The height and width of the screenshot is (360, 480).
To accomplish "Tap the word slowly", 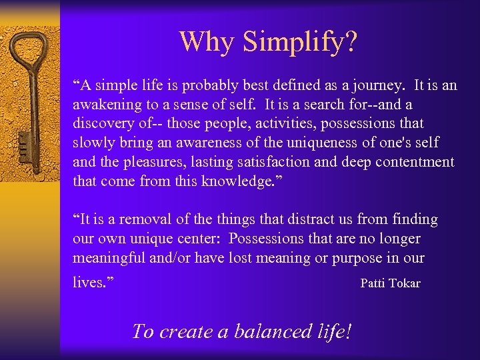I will point(93,143).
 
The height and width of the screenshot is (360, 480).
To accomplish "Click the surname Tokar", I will point(405,283).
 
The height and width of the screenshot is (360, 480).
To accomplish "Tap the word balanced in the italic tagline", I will point(267,331).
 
